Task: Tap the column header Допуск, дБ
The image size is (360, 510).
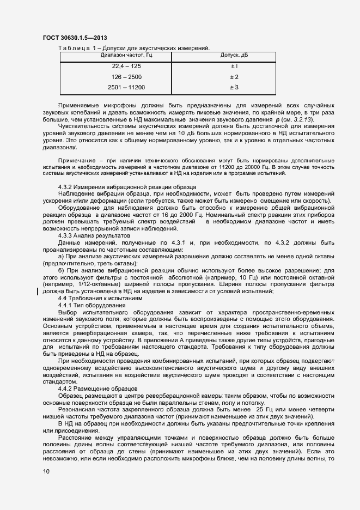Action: [x=234, y=55]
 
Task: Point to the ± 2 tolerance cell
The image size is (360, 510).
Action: [x=234, y=77]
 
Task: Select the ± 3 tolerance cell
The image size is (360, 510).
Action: [x=234, y=87]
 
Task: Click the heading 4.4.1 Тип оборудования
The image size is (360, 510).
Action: [x=92, y=305]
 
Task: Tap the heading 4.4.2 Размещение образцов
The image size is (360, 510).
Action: [x=97, y=388]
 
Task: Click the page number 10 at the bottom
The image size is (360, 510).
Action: [x=46, y=472]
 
